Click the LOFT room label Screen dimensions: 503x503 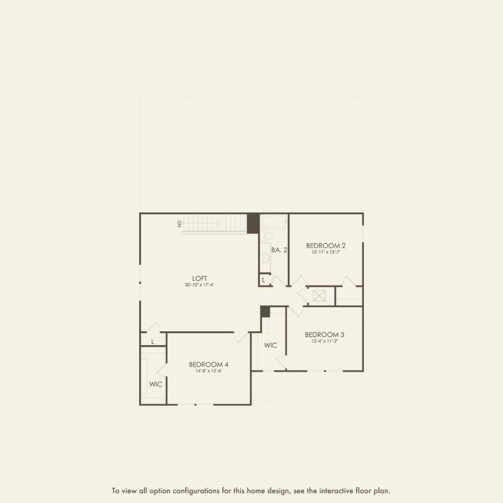point(199,278)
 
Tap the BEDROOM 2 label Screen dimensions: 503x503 point(325,245)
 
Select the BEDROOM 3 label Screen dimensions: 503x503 point(324,334)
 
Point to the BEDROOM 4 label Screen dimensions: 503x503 point(208,364)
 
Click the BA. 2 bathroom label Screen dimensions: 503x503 point(279,249)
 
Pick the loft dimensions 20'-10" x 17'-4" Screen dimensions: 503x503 point(199,285)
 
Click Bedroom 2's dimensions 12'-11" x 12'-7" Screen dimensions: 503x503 point(325,252)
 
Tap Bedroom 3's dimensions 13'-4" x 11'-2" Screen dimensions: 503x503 point(324,342)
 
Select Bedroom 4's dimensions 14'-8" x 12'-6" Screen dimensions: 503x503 point(208,371)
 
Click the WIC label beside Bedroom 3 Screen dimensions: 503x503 point(270,345)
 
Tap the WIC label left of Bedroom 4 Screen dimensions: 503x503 point(155,384)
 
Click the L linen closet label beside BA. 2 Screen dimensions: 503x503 point(264,280)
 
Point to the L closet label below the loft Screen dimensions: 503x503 point(153,342)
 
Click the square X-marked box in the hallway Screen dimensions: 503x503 point(319,296)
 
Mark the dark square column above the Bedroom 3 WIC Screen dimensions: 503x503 point(265,311)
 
